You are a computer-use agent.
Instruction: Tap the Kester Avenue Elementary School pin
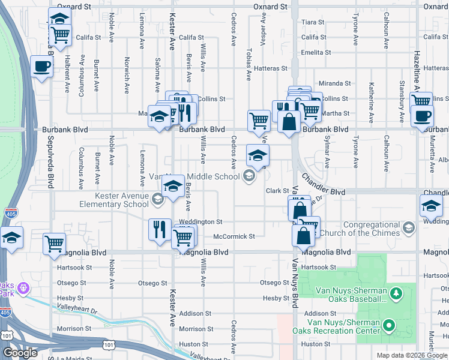pyautogui.click(x=158, y=200)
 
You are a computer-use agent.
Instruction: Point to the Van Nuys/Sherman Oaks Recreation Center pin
pyautogui.click(x=389, y=326)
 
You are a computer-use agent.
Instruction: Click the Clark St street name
pyautogui.click(x=278, y=191)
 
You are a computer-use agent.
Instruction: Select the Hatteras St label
pyautogui.click(x=267, y=68)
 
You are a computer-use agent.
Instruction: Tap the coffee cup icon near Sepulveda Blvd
pyautogui.click(x=41, y=67)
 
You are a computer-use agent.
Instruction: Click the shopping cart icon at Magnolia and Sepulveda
pyautogui.click(x=54, y=244)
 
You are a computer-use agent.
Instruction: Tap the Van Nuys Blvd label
pyautogui.click(x=295, y=282)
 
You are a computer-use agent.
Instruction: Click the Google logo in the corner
pyautogui.click(x=20, y=353)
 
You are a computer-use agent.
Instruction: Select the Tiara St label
pyautogui.click(x=313, y=22)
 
